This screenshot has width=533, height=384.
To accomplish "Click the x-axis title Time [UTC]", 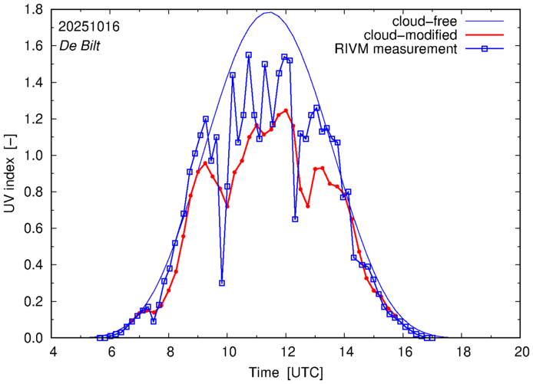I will (287, 373).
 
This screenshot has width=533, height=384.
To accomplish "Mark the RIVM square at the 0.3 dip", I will (222, 283).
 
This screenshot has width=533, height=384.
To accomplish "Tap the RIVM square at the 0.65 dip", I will (296, 219).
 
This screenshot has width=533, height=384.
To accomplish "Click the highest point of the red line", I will (286, 110).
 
